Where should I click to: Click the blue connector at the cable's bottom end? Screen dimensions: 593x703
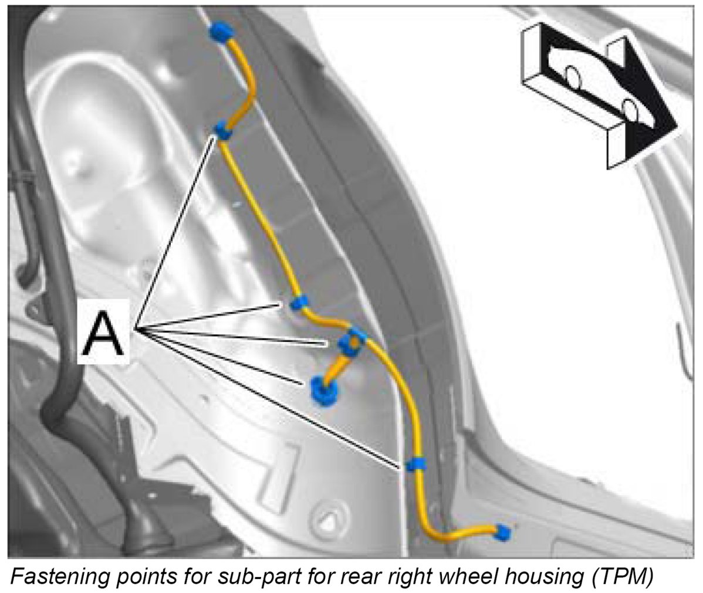[x=503, y=533]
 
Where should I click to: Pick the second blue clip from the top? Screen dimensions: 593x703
[x=224, y=130]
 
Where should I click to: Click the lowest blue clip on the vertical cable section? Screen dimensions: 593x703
[x=416, y=464]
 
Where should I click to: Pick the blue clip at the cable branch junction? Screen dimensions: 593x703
[x=353, y=339]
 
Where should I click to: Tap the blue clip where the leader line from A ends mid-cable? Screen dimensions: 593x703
[x=299, y=303]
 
